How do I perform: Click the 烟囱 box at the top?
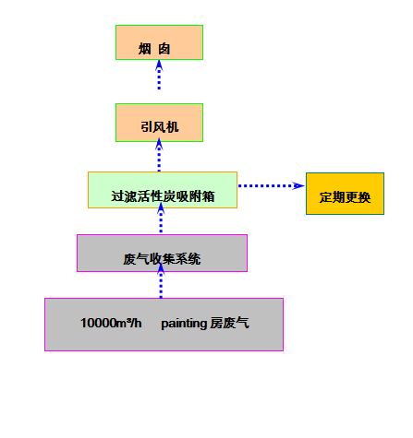[159, 42]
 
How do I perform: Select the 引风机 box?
[159, 123]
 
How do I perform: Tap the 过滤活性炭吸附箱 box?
[163, 190]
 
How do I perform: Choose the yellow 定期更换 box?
[345, 194]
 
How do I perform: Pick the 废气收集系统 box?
[162, 254]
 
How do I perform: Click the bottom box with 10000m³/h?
[164, 325]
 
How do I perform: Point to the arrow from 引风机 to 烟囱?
[159, 75]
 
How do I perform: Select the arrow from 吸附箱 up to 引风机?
[159, 155]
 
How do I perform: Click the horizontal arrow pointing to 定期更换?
[271, 185]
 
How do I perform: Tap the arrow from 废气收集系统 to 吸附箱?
[161, 218]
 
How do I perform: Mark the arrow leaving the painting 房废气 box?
[161, 280]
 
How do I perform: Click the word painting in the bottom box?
[184, 324]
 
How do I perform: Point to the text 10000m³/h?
[111, 323]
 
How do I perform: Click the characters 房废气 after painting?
[229, 323]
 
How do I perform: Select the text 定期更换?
[345, 197]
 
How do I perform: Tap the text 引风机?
[160, 127]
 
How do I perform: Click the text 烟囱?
[154, 49]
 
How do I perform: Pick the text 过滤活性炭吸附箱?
[163, 196]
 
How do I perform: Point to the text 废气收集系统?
[162, 259]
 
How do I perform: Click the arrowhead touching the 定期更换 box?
[298, 185]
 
